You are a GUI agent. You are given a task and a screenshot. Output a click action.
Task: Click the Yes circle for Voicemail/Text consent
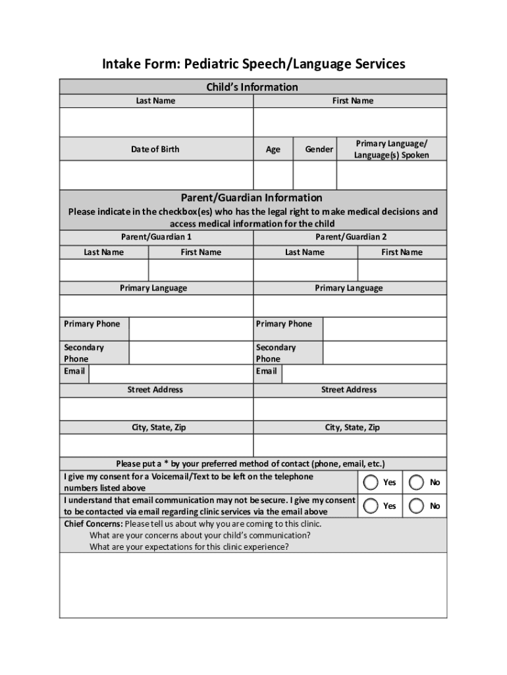(x=371, y=482)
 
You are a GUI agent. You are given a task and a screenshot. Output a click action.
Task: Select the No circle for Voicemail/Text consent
(x=416, y=482)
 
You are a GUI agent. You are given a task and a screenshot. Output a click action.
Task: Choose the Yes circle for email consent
(x=371, y=506)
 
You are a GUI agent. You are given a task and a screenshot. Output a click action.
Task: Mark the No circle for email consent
(x=416, y=506)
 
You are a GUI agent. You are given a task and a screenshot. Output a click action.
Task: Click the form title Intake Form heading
(x=253, y=64)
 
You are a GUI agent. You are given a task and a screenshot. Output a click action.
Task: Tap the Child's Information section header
(x=253, y=87)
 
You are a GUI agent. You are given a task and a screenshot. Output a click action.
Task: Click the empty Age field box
(x=273, y=175)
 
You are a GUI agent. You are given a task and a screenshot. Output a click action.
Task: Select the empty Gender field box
(x=314, y=175)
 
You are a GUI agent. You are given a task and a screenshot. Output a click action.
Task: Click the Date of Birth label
(x=155, y=149)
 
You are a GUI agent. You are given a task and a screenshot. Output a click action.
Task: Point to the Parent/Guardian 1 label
(x=156, y=237)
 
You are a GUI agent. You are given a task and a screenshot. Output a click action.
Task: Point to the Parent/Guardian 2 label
(x=350, y=237)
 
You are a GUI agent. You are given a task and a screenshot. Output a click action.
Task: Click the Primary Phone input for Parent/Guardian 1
(x=190, y=329)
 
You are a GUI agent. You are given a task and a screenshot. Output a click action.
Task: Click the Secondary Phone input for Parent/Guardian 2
(x=385, y=353)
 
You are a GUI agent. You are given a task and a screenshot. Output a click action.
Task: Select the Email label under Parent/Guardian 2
(x=267, y=371)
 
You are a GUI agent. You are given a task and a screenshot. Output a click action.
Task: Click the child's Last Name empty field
(x=156, y=122)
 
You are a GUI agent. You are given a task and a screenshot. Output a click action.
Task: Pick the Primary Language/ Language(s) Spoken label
(x=391, y=149)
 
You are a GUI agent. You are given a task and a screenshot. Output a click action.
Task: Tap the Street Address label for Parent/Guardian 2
(x=349, y=390)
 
